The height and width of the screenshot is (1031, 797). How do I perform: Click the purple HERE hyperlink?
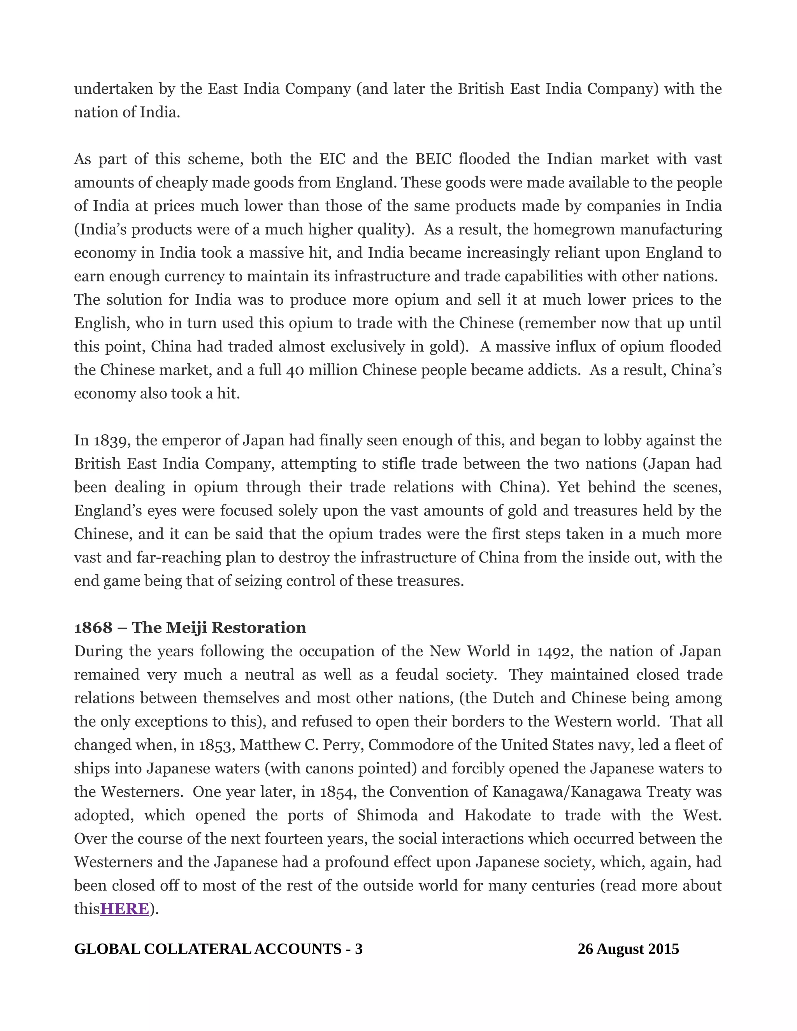(125, 909)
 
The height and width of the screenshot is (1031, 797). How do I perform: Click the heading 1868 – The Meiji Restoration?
(190, 628)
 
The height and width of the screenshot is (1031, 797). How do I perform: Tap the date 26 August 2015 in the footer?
(628, 949)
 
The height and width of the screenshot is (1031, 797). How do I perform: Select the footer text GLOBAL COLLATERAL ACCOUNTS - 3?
(218, 949)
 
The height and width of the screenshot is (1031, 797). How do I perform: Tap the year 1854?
(337, 792)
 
